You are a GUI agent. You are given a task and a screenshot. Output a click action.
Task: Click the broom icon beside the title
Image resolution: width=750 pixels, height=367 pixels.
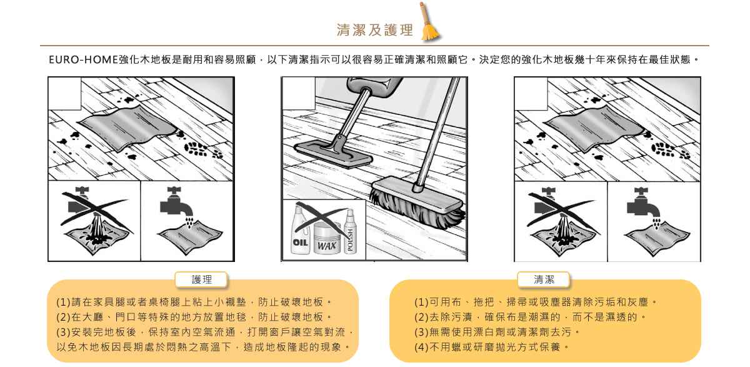[430, 22]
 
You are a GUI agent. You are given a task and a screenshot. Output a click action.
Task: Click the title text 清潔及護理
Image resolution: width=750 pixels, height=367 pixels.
[375, 30]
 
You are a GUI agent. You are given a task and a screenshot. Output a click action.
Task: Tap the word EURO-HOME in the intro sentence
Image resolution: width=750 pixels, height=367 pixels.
[83, 59]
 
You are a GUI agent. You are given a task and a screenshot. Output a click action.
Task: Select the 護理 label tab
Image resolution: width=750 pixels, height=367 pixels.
[201, 279]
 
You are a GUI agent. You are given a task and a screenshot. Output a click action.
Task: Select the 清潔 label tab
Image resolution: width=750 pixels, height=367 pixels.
[544, 279]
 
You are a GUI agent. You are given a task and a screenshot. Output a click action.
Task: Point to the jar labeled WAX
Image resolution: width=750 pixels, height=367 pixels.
[327, 238]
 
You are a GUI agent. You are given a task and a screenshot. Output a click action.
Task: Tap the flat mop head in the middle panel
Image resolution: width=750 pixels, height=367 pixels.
[333, 154]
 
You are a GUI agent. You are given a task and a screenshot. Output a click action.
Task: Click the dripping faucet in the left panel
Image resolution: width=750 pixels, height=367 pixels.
[176, 203]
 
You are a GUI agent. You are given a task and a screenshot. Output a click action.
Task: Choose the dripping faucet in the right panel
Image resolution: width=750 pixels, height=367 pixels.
[643, 204]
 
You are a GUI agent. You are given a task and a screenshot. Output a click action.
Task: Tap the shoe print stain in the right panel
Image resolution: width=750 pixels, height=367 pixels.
[670, 149]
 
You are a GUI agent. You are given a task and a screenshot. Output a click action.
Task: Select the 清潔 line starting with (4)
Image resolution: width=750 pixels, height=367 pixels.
[491, 347]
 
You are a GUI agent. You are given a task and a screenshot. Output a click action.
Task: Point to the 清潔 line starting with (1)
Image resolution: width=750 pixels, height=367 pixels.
[536, 303]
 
